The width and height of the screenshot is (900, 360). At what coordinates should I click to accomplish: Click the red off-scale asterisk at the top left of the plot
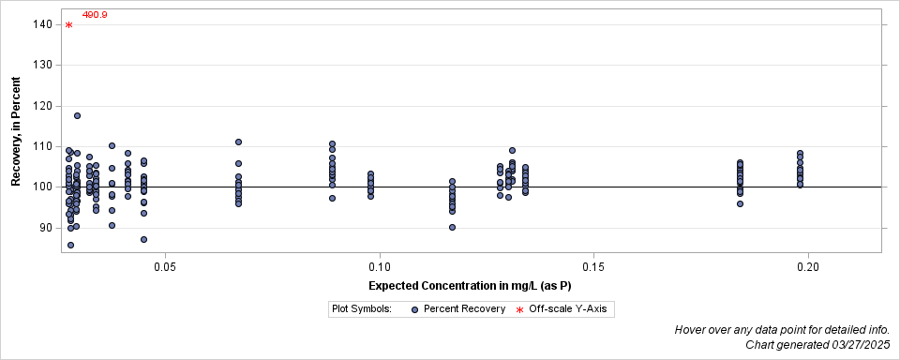(68, 25)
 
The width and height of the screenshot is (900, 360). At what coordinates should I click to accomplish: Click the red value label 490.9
(95, 15)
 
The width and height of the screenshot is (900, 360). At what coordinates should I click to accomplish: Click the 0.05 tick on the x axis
(165, 267)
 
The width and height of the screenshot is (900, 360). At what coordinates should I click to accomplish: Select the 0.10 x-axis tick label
(380, 267)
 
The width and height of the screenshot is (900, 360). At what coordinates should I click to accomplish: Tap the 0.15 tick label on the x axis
(593, 267)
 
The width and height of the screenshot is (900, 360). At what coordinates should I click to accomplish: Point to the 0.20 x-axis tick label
(808, 267)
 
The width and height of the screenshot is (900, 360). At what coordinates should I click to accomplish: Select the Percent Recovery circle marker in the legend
(413, 308)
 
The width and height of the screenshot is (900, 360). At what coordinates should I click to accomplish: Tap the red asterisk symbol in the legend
(519, 309)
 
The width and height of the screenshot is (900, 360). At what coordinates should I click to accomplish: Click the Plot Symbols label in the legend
(361, 308)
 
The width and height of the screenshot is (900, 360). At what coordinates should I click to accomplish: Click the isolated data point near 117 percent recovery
(77, 115)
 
